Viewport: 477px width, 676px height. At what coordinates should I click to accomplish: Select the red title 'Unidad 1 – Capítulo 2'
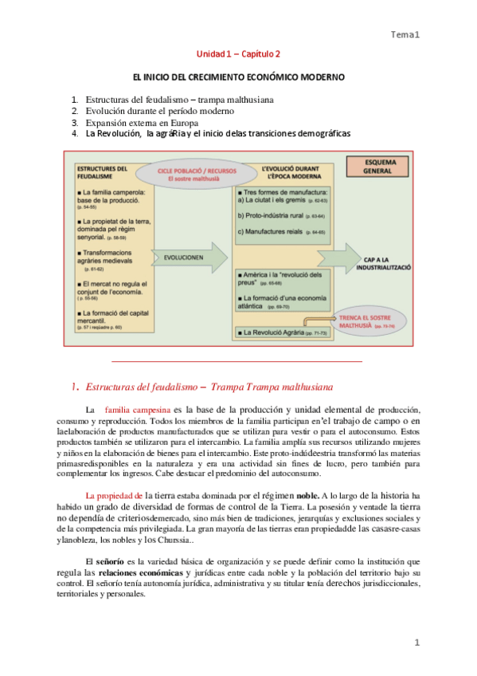pyautogui.click(x=238, y=54)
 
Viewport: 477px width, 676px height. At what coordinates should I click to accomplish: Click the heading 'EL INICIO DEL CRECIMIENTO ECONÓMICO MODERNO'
pyautogui.click(x=238, y=78)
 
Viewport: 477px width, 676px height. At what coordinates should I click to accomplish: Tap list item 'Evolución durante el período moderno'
pyautogui.click(x=155, y=112)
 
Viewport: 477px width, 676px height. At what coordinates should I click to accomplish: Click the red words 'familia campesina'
pyautogui.click(x=139, y=410)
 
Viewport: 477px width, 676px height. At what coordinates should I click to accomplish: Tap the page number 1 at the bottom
pyautogui.click(x=416, y=643)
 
